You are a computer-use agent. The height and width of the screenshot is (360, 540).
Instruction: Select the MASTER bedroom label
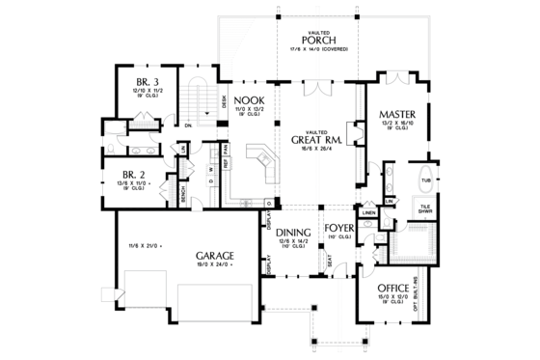click(396, 113)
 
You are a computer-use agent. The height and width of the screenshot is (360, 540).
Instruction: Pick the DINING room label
click(292, 233)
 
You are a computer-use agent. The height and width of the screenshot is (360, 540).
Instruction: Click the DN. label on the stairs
click(190, 125)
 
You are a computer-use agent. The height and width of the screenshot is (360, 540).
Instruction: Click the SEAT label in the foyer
click(331, 258)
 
